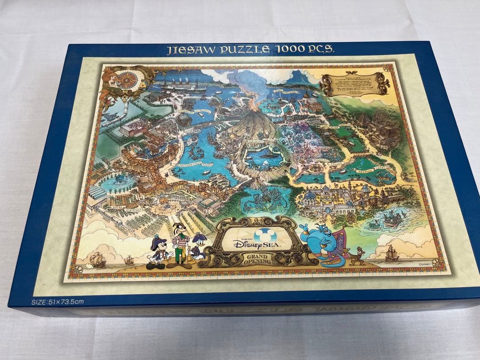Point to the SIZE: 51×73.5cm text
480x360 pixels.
pos(57,302)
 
